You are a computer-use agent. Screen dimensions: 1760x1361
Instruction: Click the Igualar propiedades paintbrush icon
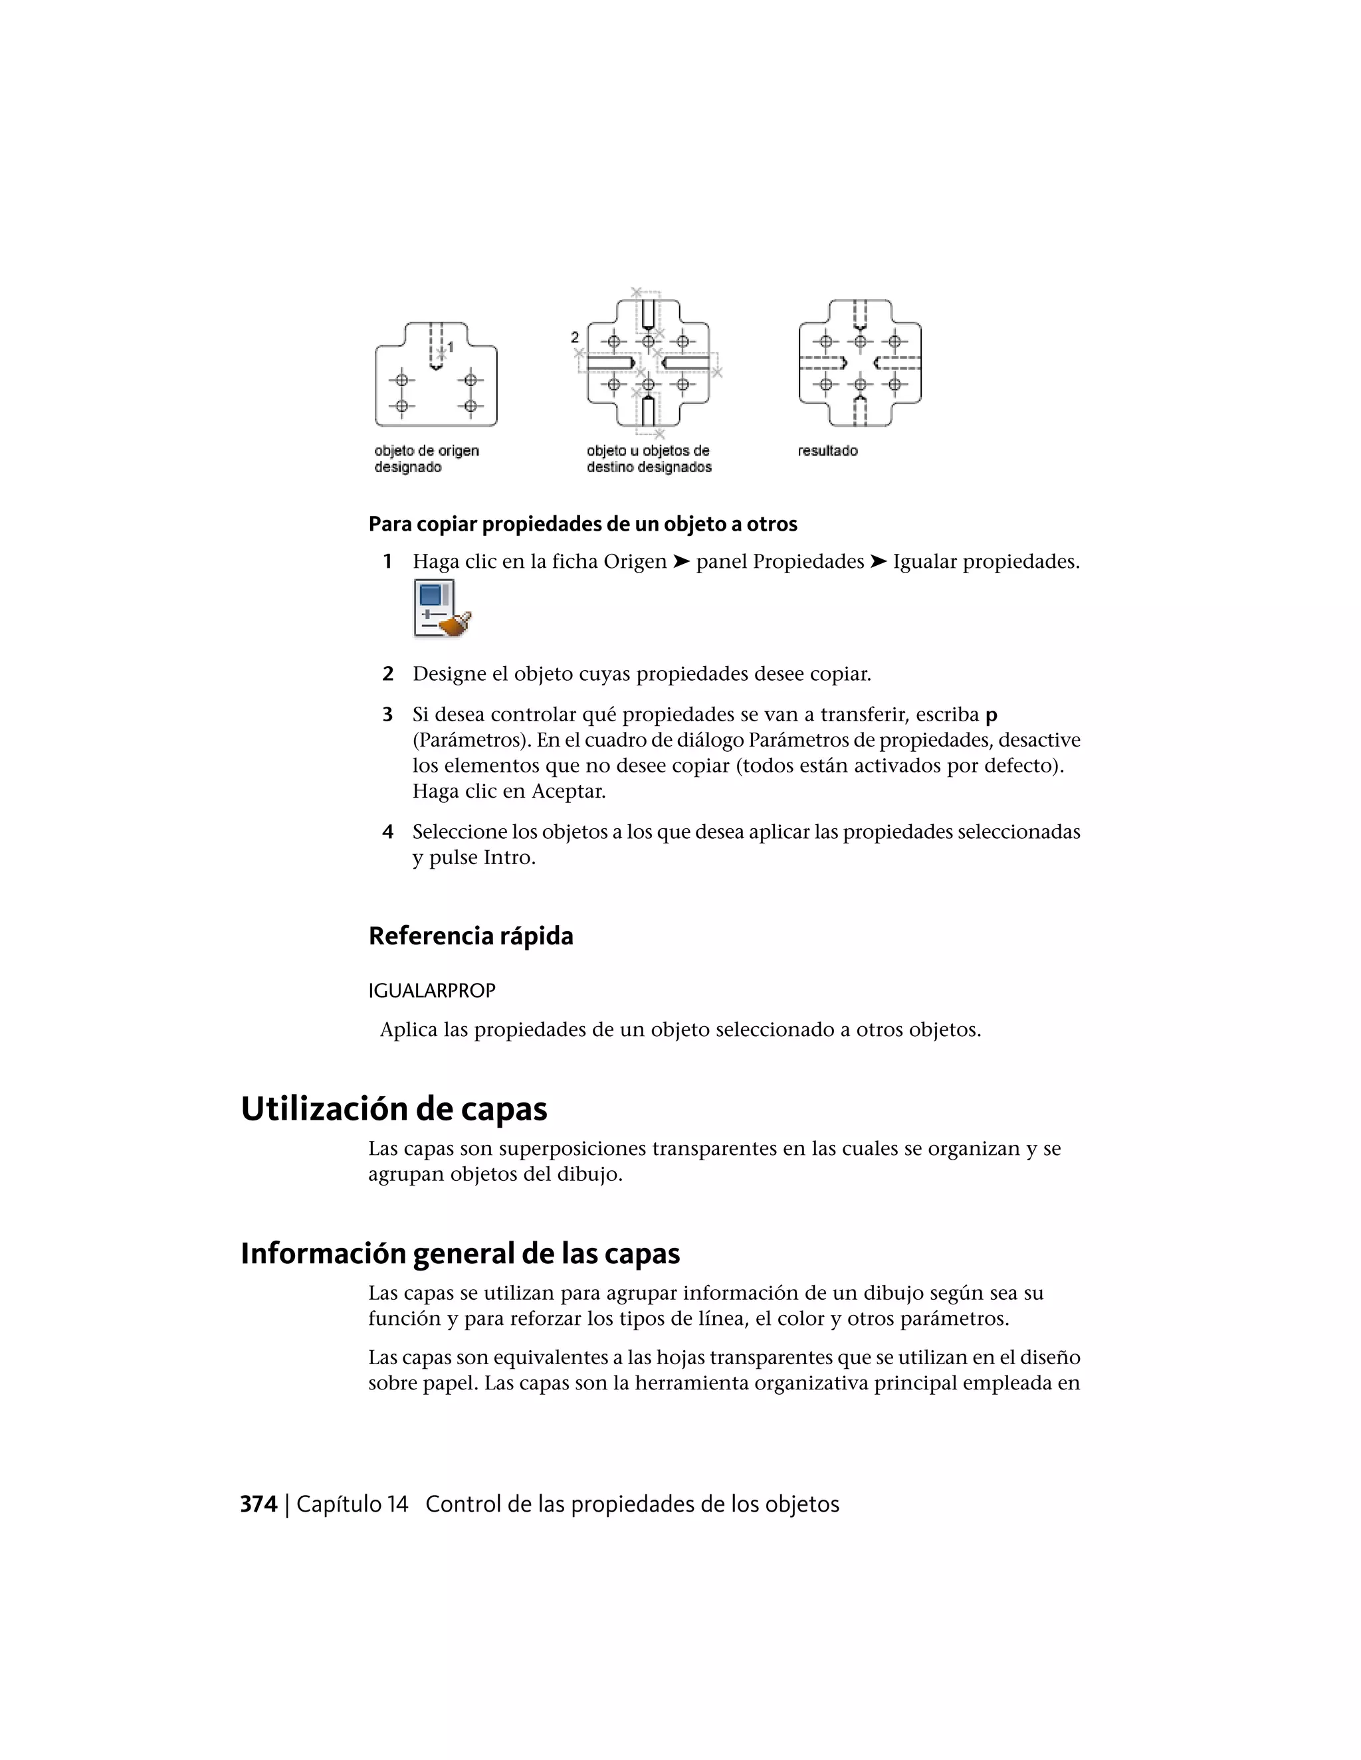point(442,609)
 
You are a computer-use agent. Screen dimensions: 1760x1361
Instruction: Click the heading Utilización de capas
point(393,1109)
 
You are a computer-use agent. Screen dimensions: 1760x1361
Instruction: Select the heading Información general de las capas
point(460,1253)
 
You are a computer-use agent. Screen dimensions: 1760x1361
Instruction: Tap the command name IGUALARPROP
point(431,990)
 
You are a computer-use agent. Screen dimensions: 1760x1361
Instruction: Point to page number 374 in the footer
point(258,1504)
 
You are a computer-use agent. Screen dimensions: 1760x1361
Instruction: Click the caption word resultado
point(827,451)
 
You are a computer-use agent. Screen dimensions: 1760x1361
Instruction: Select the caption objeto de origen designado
point(426,458)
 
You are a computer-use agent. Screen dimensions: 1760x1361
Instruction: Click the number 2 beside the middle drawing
point(575,337)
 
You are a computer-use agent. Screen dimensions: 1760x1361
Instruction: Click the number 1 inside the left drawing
point(450,347)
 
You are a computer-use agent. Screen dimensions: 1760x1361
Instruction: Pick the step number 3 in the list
point(387,715)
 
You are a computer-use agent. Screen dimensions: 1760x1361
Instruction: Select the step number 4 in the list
point(387,832)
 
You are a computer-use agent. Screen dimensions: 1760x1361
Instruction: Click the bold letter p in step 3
point(991,715)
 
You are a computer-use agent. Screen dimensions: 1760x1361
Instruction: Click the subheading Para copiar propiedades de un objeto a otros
point(582,525)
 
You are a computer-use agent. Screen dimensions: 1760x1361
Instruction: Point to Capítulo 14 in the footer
point(352,1504)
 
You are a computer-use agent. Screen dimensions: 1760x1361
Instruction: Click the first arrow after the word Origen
point(681,562)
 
